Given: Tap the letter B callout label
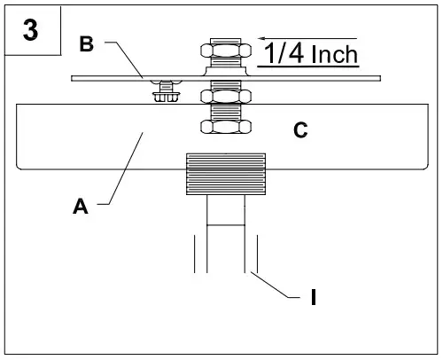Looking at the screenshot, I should pyautogui.click(x=87, y=45).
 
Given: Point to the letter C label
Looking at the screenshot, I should pyautogui.click(x=299, y=131).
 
